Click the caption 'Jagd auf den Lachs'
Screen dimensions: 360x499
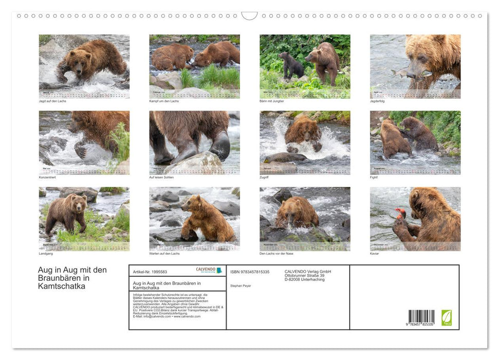click(x=52, y=101)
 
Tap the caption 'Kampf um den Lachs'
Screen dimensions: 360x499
click(x=164, y=101)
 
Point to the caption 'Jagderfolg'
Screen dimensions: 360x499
click(x=378, y=101)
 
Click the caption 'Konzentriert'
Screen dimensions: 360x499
click(x=47, y=177)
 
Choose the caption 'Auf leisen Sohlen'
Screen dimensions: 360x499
click(x=161, y=177)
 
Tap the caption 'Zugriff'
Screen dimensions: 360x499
click(x=265, y=177)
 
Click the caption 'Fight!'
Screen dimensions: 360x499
click(x=374, y=177)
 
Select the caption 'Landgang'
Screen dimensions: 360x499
click(x=46, y=254)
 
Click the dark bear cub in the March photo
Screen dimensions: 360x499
click(x=291, y=65)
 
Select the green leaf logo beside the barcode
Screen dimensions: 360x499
click(x=447, y=317)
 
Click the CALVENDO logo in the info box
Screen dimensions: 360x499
click(x=209, y=270)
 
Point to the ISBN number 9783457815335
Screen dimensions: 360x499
click(x=250, y=272)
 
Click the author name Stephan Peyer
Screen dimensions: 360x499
click(x=241, y=285)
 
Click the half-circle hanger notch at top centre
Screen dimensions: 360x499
click(x=249, y=16)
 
